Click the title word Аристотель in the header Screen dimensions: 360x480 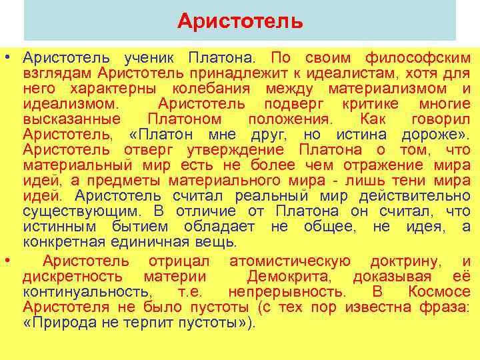[x=240, y=22]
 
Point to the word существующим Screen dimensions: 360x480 [x=81, y=211]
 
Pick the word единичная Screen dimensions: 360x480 [x=149, y=242]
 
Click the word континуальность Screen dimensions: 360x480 [x=86, y=292]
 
